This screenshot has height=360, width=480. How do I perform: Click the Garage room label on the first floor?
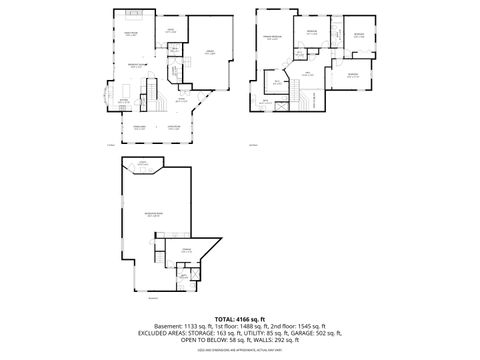[x=210, y=52]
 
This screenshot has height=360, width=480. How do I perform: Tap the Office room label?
[x=170, y=31]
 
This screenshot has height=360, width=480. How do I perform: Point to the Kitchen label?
[x=124, y=100]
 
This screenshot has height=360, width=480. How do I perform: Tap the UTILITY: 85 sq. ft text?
[x=261, y=333]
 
